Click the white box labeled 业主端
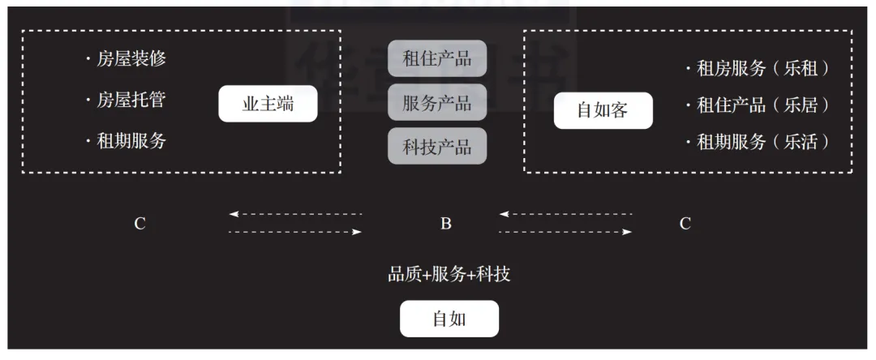point(268,104)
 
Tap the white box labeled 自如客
point(603,110)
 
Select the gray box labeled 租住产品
point(437,58)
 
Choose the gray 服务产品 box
point(437,102)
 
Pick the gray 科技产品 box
point(437,147)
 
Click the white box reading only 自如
point(449,319)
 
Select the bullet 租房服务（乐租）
point(758,69)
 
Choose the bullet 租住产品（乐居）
point(758,105)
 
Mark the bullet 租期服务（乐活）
point(758,142)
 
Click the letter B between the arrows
point(446,224)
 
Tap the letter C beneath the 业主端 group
point(140,224)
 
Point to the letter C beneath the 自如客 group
point(685,224)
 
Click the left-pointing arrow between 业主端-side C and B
point(296,214)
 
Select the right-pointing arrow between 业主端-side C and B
point(296,232)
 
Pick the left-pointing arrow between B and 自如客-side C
point(565,214)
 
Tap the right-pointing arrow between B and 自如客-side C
point(565,232)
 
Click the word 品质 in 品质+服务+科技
point(404,274)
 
